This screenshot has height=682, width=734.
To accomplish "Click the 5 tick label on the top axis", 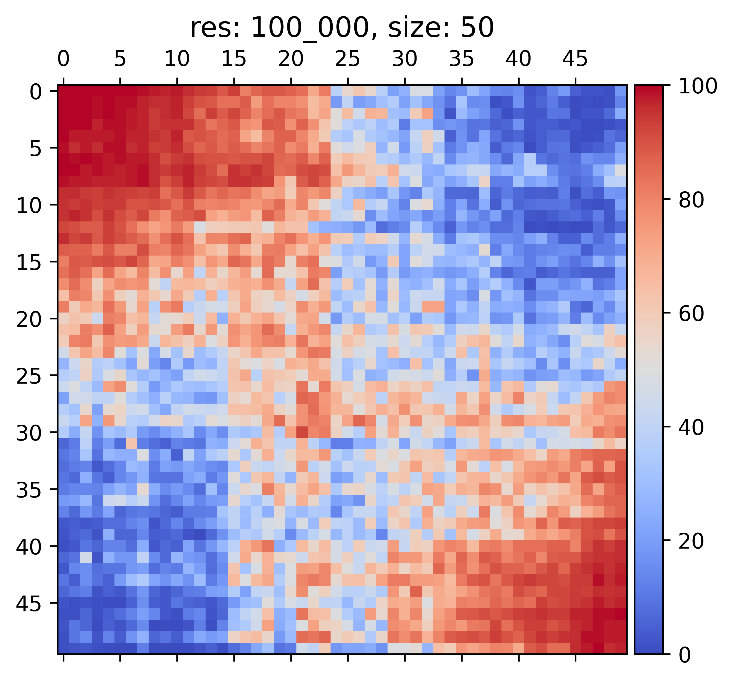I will tap(120, 59).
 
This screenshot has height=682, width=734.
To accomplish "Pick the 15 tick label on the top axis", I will tap(234, 59).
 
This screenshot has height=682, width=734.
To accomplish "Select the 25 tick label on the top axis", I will tap(347, 59).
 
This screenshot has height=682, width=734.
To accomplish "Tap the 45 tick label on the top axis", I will tap(575, 59).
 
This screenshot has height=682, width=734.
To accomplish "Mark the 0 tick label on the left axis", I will tap(36, 91).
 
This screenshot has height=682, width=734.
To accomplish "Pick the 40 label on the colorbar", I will tap(692, 427).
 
